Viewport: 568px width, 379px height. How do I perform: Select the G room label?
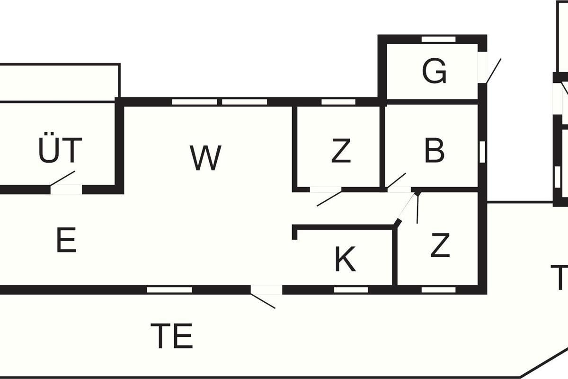pyautogui.click(x=434, y=72)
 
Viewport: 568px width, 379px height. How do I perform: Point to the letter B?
pyautogui.click(x=434, y=150)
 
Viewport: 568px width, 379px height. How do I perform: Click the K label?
pyautogui.click(x=345, y=260)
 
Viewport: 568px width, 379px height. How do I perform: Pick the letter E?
pyautogui.click(x=66, y=240)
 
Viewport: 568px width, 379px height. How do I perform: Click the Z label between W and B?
pyautogui.click(x=341, y=151)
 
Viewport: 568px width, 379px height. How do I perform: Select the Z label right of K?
pyautogui.click(x=440, y=246)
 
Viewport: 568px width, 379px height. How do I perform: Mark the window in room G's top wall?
pyautogui.click(x=438, y=39)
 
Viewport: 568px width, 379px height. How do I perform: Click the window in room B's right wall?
pyautogui.click(x=482, y=152)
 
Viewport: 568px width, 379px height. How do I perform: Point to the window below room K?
pyautogui.click(x=351, y=289)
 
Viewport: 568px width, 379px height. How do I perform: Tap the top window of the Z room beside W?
pyautogui.click(x=338, y=102)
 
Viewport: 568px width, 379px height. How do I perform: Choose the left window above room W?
pyautogui.click(x=194, y=102)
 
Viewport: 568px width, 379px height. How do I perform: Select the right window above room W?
pyautogui.click(x=245, y=102)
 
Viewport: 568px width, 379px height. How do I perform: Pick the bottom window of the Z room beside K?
pyautogui.click(x=438, y=289)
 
